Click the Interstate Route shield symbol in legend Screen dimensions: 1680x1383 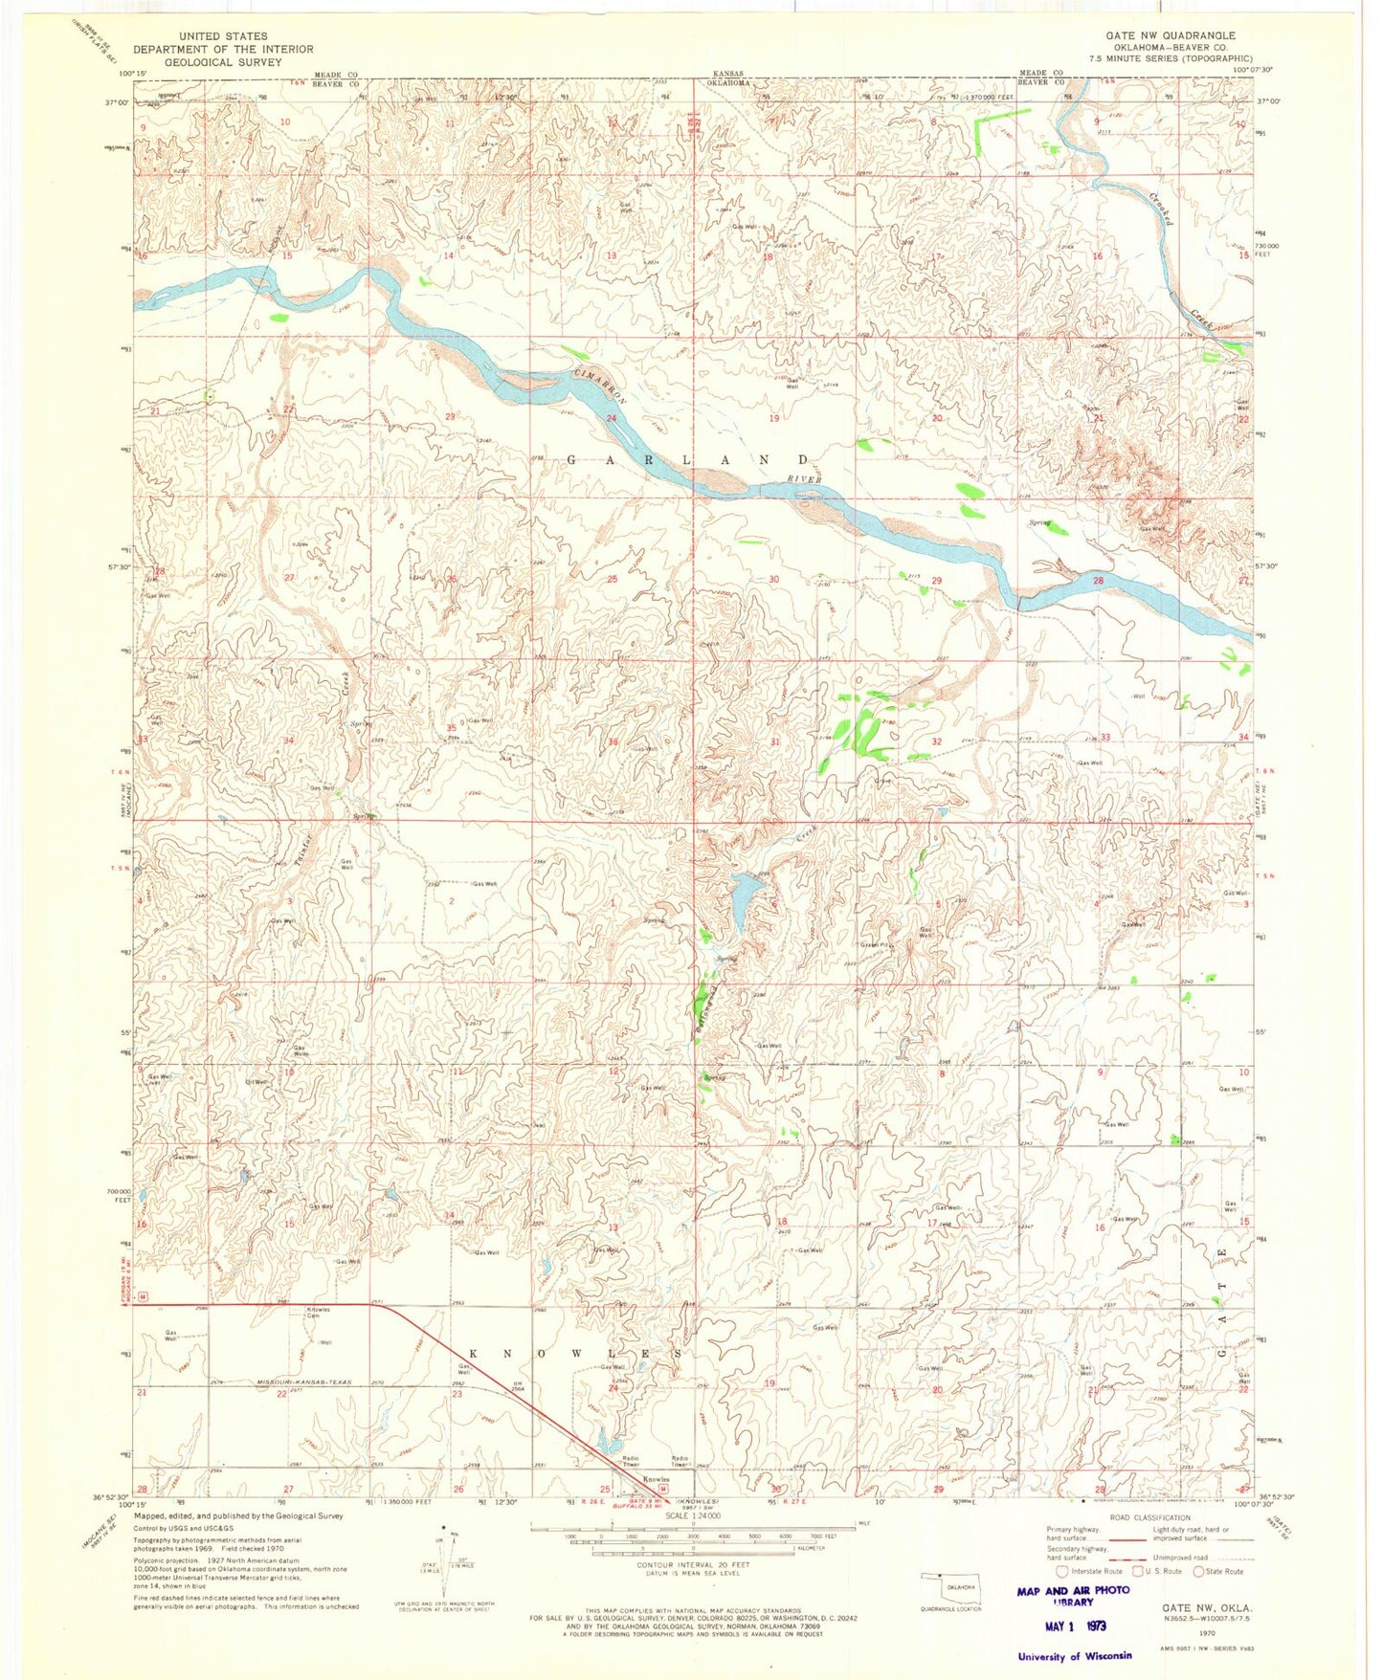1060,1571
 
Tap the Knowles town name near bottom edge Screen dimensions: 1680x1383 656,1479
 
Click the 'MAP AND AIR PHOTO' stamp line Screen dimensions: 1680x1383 1074,1591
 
